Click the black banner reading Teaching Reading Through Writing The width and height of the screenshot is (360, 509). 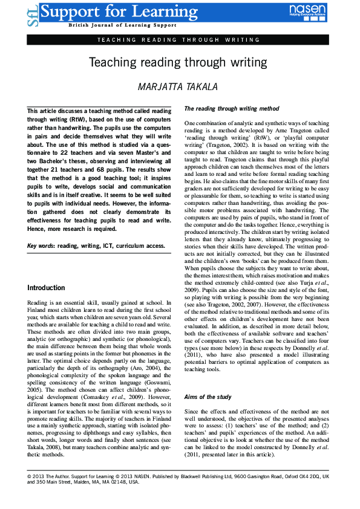179,39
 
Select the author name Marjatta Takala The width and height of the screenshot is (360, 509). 180,86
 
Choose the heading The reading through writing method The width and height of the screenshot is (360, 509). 232,109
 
